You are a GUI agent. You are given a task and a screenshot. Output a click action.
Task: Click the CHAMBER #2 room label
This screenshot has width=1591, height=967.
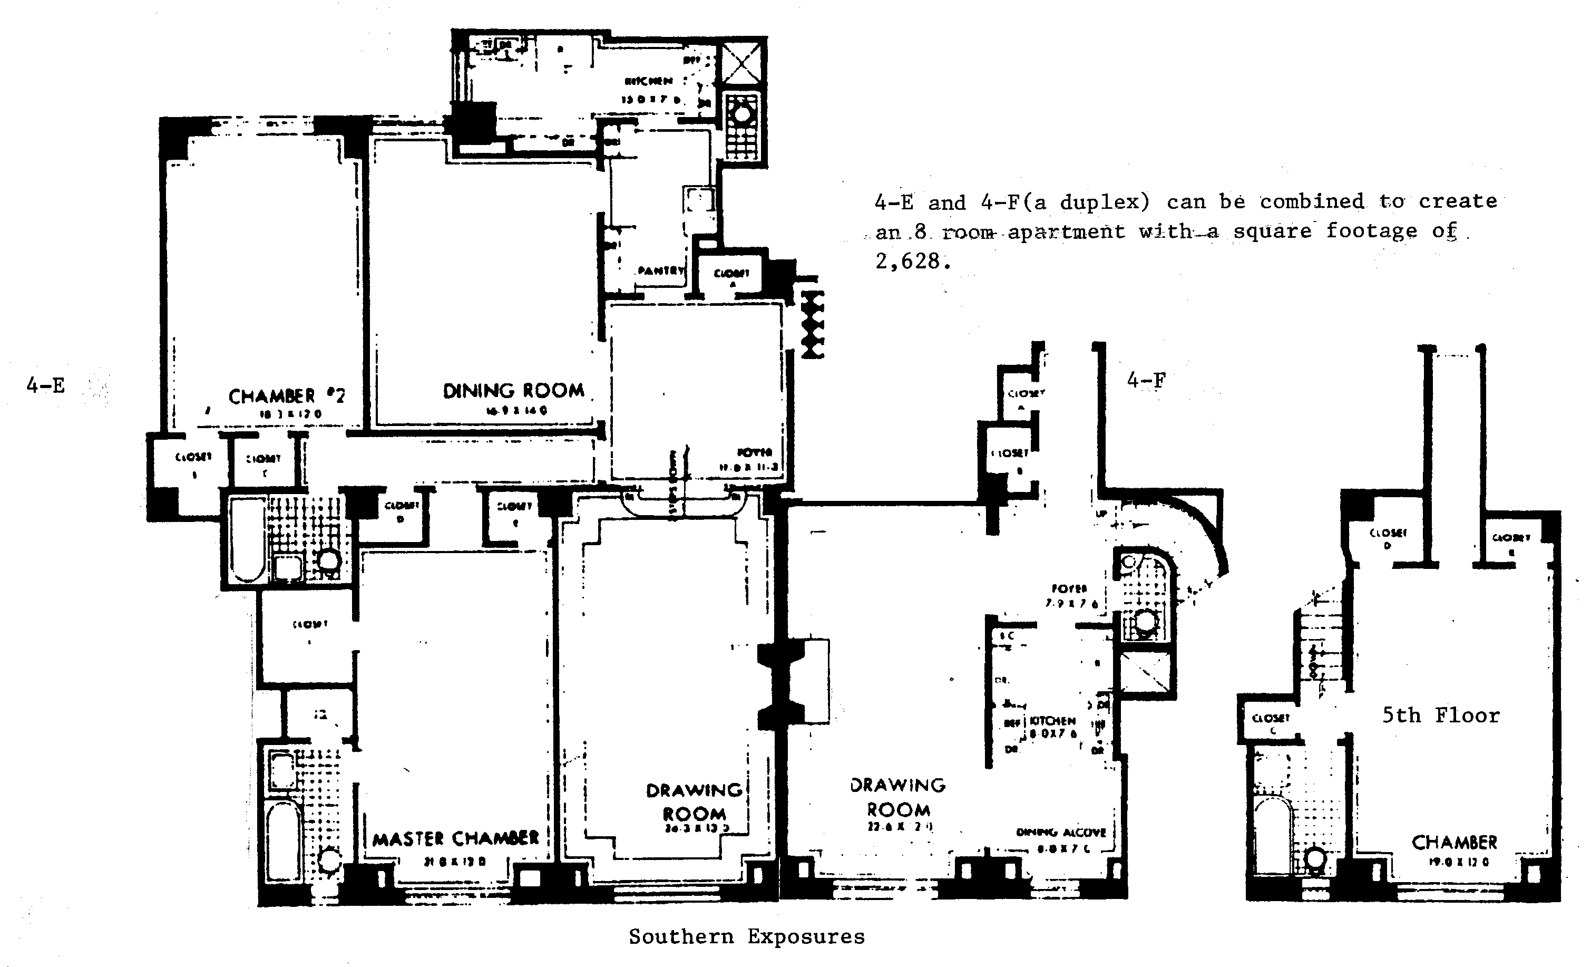click(287, 396)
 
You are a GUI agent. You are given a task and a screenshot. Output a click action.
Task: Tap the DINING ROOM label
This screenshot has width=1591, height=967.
click(513, 391)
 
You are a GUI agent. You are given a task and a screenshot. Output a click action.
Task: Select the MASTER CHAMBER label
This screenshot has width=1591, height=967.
click(455, 838)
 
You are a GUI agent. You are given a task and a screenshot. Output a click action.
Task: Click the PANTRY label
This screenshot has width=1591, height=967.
click(660, 270)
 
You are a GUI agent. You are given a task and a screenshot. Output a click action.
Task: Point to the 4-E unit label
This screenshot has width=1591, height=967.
click(46, 385)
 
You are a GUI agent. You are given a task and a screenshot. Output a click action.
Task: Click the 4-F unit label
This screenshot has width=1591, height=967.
click(1146, 381)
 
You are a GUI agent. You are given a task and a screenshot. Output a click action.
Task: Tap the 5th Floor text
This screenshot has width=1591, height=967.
click(1441, 715)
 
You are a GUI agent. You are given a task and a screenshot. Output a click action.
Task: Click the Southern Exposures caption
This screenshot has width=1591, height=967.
click(746, 936)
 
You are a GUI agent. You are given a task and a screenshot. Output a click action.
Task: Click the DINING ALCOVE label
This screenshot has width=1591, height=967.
click(1061, 833)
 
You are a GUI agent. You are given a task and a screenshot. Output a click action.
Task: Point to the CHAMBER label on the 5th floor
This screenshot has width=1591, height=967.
click(1454, 843)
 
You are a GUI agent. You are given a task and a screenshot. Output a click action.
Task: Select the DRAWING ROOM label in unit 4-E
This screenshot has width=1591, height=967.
click(694, 801)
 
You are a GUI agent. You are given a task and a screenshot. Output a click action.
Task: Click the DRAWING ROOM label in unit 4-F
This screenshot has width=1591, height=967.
click(898, 797)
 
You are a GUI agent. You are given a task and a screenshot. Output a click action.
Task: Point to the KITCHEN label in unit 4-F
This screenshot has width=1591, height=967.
click(1052, 721)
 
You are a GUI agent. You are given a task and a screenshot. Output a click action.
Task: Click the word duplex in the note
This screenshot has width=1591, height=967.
click(1104, 202)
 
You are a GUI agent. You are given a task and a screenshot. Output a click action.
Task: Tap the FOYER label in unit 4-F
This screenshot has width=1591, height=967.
click(1069, 588)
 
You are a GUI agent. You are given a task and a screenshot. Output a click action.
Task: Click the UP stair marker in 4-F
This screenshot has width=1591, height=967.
click(1101, 514)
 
